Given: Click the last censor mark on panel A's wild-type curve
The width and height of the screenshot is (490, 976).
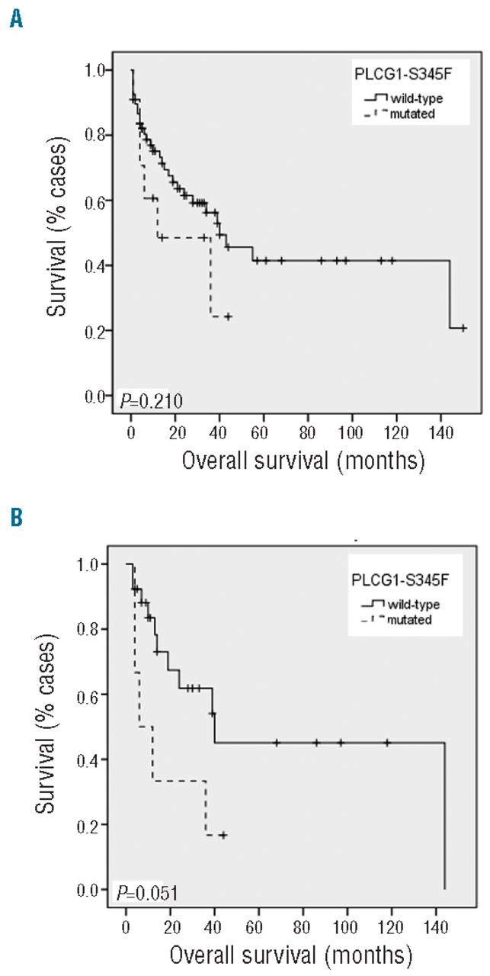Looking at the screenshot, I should [463, 328].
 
